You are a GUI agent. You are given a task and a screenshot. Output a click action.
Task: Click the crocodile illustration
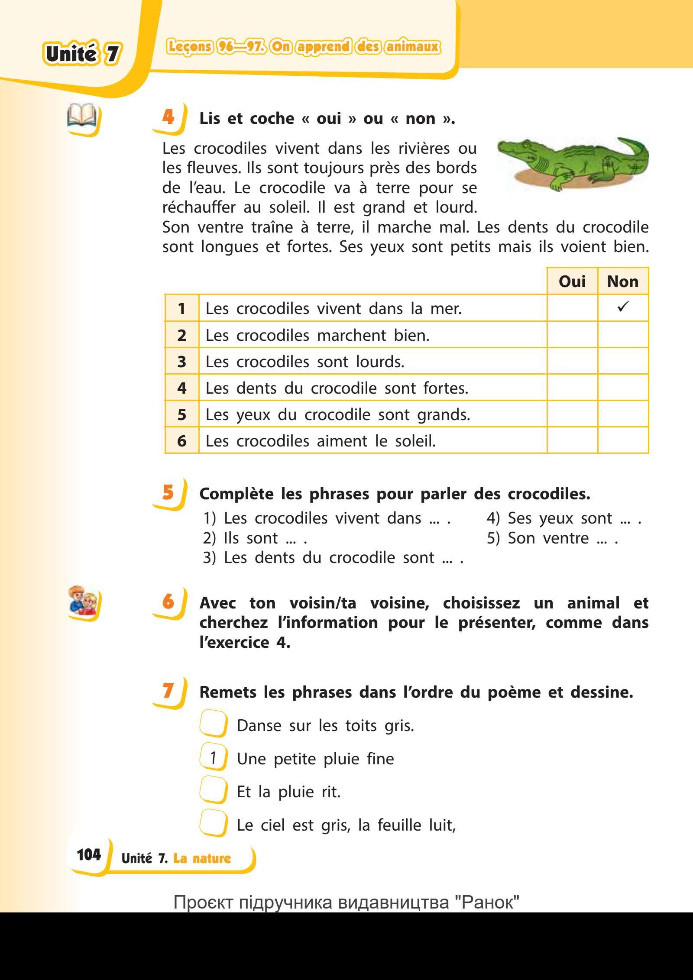(573, 164)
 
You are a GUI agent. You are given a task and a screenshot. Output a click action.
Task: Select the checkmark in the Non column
(623, 307)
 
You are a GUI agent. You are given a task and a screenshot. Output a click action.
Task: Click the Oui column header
(572, 281)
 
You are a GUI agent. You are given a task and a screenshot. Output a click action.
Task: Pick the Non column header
(623, 281)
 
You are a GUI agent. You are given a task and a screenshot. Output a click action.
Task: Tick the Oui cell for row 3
(572, 361)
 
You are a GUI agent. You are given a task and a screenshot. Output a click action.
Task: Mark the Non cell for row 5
(623, 414)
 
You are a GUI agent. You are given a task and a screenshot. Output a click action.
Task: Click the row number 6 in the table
(182, 441)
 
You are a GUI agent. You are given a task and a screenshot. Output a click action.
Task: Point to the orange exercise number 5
(168, 493)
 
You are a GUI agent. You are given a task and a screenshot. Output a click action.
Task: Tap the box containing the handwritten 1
(213, 758)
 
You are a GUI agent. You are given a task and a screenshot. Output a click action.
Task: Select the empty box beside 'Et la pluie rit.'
(213, 791)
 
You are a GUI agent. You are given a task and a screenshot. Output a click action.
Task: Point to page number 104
(89, 854)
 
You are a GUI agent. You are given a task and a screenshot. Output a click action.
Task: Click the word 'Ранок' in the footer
(490, 902)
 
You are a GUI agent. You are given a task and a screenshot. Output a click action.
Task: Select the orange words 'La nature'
(202, 858)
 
